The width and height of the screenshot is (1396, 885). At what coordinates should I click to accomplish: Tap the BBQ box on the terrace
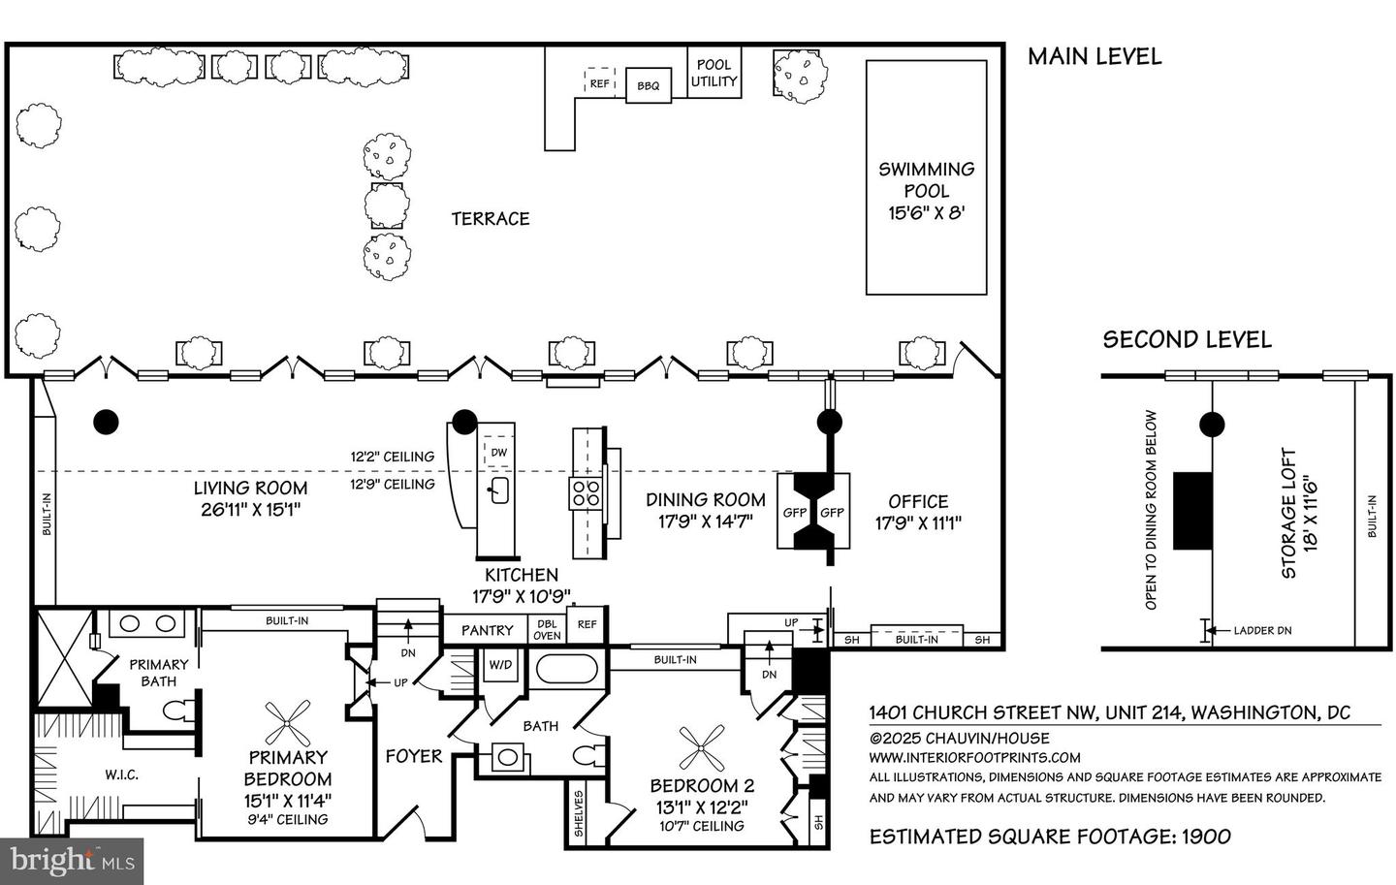click(x=648, y=85)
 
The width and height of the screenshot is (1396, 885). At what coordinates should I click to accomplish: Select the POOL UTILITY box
click(x=714, y=74)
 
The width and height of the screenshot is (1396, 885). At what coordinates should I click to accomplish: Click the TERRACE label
click(x=491, y=219)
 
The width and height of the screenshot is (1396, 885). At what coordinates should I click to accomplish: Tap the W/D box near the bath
click(x=500, y=665)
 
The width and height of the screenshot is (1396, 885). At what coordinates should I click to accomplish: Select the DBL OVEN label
click(x=547, y=630)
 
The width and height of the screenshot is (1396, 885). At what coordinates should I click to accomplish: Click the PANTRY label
click(x=487, y=630)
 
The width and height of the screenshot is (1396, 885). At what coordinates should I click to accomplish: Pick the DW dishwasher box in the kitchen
click(x=498, y=453)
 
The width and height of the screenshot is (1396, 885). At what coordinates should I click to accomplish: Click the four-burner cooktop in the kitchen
click(x=585, y=493)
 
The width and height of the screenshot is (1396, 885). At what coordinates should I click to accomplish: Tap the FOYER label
click(x=413, y=756)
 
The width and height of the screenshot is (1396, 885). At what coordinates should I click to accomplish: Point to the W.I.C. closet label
click(x=122, y=774)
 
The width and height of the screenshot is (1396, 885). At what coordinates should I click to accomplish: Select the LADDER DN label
click(x=1262, y=630)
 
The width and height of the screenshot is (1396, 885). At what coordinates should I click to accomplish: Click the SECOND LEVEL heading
click(x=1187, y=339)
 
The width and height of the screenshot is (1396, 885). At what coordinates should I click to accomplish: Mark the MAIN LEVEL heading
click(x=1094, y=56)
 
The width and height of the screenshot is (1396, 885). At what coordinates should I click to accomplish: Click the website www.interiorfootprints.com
click(x=973, y=757)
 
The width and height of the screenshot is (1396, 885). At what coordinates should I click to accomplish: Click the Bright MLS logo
click(x=72, y=860)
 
